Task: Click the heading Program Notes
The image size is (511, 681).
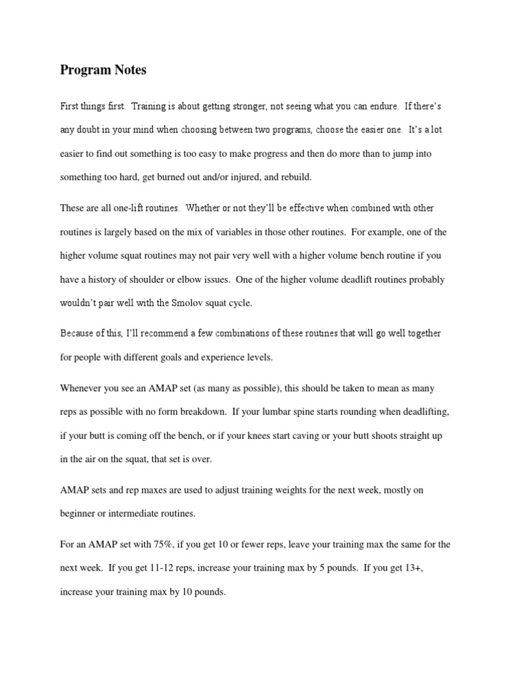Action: (103, 69)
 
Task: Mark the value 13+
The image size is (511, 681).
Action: (411, 567)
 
